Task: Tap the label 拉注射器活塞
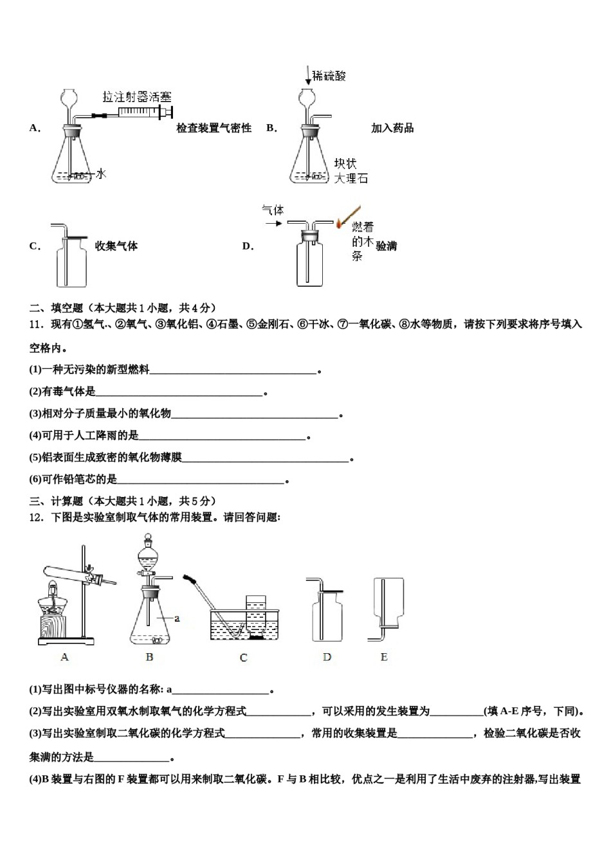pyautogui.click(x=137, y=97)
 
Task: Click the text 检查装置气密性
pyautogui.click(x=214, y=128)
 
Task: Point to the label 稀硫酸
pyautogui.click(x=329, y=76)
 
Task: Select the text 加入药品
pyautogui.click(x=392, y=128)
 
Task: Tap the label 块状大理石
pyautogui.click(x=351, y=171)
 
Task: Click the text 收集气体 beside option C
pyautogui.click(x=116, y=246)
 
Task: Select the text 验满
pyautogui.click(x=387, y=246)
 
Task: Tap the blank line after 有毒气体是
pyautogui.click(x=179, y=393)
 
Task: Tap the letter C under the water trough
pyautogui.click(x=243, y=658)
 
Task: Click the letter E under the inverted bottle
pyautogui.click(x=384, y=657)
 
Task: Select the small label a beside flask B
pyautogui.click(x=177, y=618)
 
